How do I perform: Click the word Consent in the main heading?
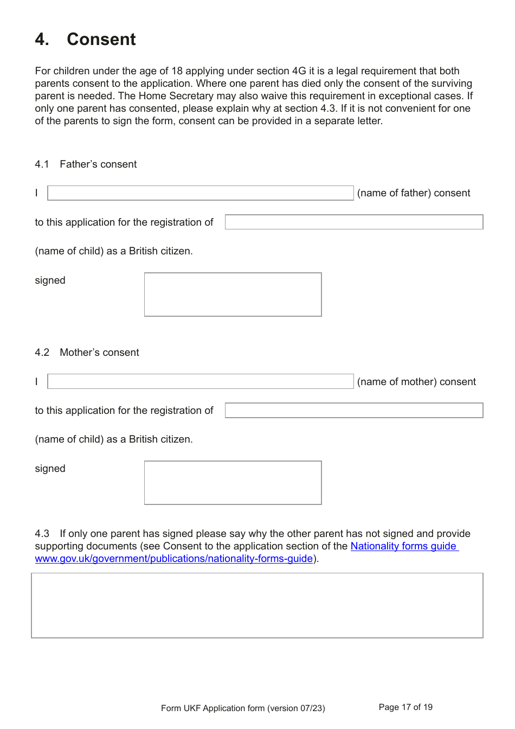tap(101, 40)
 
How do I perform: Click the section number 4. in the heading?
tap(42, 40)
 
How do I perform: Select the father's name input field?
tap(200, 193)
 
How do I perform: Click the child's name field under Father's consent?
tap(353, 222)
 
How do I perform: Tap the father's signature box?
tap(233, 295)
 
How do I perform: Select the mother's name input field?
tap(200, 381)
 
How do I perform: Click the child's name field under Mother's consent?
tap(353, 411)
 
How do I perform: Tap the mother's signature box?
tap(233, 483)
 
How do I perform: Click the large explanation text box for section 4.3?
tap(257, 605)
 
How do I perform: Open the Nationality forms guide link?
tap(403, 546)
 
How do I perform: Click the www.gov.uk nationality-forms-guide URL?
tap(173, 559)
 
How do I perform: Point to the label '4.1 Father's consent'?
tap(86, 164)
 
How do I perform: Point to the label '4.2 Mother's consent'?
tap(87, 353)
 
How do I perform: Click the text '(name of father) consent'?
tap(414, 193)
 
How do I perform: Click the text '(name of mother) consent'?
tap(416, 382)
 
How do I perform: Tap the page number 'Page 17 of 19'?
tap(405, 707)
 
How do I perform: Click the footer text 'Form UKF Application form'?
tap(243, 708)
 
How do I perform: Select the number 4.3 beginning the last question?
tap(42, 534)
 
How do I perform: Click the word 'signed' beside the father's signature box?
tap(50, 280)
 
